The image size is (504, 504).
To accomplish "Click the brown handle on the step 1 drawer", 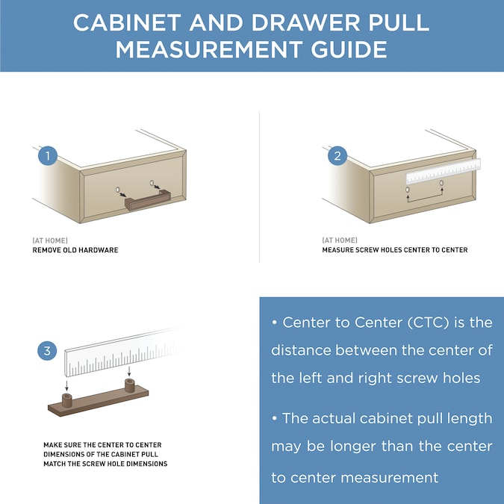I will pos(149,202).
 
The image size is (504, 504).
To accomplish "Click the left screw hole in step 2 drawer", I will pos(408,190).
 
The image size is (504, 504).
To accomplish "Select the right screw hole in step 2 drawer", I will pos(442,183).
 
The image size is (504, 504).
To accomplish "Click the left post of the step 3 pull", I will pos(68,400).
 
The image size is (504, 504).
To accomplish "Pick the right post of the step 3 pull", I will pos(128,386).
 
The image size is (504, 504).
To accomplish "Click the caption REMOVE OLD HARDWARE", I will pos(75,250).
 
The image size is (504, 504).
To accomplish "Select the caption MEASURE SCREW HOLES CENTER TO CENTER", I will pos(394,250).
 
